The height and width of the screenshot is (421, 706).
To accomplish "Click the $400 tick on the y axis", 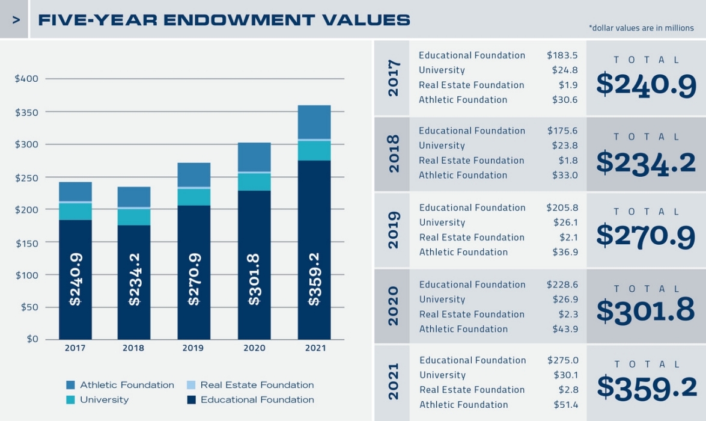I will (x=26, y=79).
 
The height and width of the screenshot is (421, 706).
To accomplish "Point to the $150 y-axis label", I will (x=26, y=243).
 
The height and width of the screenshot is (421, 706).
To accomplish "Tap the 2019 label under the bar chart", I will (x=193, y=348).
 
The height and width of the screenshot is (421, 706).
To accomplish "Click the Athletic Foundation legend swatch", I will (x=71, y=385).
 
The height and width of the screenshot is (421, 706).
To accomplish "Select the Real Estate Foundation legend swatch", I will (x=191, y=385).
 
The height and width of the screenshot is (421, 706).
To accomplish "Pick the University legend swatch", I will (x=71, y=399).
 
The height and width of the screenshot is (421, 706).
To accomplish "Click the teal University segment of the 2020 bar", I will (x=254, y=182).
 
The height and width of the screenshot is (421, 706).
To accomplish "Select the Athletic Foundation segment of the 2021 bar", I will (x=314, y=122).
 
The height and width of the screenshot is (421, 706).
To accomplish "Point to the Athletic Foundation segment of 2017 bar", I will (x=75, y=191).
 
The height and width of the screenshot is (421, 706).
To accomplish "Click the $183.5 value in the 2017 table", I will (x=562, y=55).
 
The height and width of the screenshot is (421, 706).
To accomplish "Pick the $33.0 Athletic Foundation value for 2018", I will (x=565, y=175).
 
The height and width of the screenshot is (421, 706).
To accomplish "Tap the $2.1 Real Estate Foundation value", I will (x=568, y=237).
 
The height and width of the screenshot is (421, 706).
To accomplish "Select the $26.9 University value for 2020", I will (x=565, y=300).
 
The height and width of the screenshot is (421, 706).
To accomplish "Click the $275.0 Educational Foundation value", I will (x=562, y=360).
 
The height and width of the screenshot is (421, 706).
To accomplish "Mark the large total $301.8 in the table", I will (x=646, y=310).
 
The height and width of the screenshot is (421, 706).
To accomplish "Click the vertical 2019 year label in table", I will (x=393, y=230).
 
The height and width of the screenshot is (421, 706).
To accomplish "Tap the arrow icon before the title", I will (x=16, y=20).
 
